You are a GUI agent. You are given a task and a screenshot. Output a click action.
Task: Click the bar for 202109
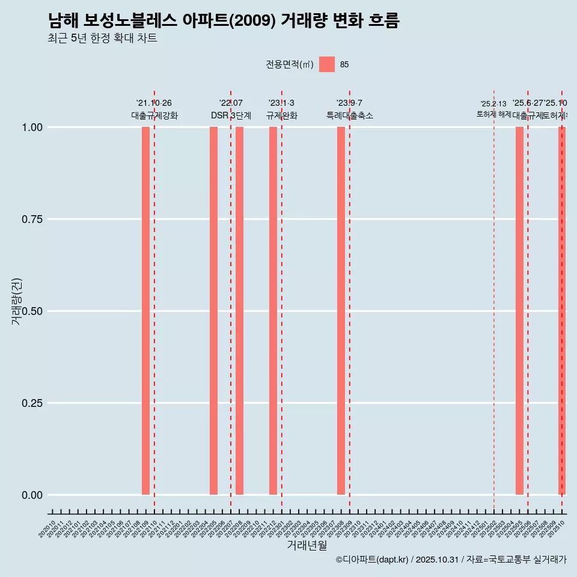(145, 311)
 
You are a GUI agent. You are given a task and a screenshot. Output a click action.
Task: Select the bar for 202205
(213, 311)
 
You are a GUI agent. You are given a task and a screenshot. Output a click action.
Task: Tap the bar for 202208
(239, 311)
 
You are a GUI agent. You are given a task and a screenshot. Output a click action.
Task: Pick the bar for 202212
(273, 311)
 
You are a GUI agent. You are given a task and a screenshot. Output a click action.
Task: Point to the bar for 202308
(341, 311)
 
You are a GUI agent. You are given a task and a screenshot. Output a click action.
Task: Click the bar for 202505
(519, 311)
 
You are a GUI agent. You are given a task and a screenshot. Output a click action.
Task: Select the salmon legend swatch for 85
(327, 64)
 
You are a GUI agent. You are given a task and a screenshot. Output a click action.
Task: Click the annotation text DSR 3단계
(231, 115)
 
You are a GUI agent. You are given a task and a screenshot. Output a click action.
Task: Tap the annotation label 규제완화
(282, 115)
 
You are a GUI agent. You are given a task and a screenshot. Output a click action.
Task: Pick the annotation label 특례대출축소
(350, 115)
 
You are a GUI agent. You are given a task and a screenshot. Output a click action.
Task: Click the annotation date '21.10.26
(154, 103)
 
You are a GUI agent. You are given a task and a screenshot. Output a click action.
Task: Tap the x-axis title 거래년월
(307, 546)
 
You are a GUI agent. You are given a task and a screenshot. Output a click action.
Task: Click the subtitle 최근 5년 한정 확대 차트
(102, 38)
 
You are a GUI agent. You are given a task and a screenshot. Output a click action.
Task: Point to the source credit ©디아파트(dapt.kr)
(372, 560)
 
